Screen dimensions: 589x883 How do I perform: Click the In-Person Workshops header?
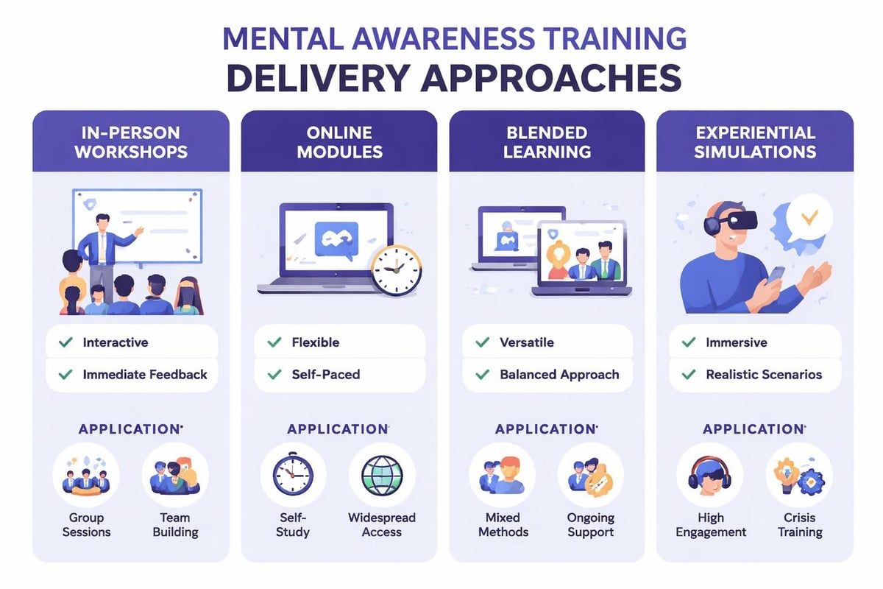(131, 142)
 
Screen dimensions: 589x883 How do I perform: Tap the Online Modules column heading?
(339, 142)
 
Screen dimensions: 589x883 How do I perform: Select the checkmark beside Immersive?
(689, 342)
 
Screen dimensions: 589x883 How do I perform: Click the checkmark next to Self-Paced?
(274, 375)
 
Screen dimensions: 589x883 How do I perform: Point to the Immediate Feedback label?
(145, 375)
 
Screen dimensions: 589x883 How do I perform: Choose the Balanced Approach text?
(559, 375)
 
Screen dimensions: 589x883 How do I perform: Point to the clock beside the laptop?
(396, 270)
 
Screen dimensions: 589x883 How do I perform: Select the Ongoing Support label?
(590, 524)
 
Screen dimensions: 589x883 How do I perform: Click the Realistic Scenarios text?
(764, 375)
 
